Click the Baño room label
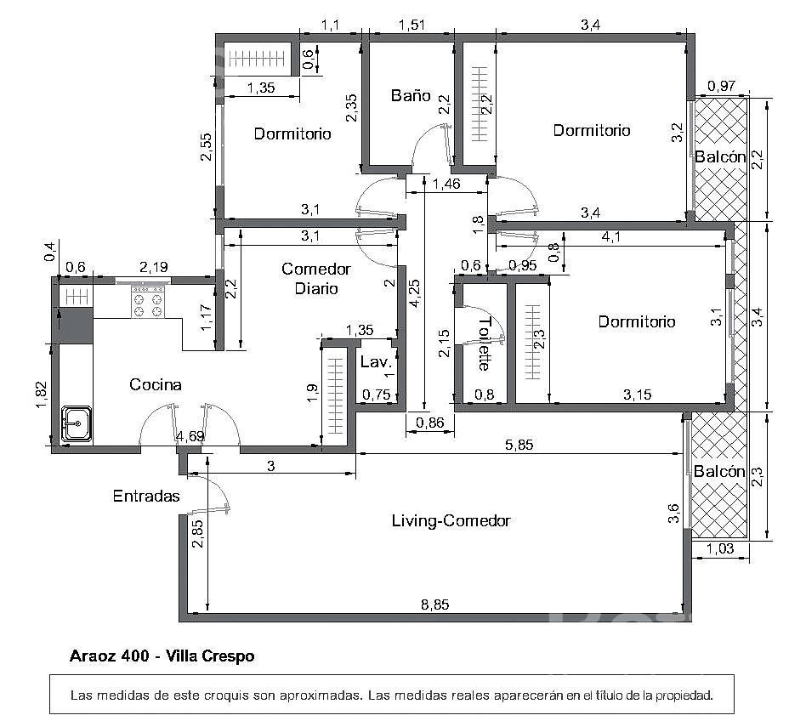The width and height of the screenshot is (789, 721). (x=411, y=95)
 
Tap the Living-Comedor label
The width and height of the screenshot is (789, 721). (x=451, y=520)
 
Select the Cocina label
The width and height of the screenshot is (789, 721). (x=156, y=384)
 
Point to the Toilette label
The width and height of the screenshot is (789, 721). (x=484, y=343)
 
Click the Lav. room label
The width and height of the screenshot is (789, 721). (x=376, y=361)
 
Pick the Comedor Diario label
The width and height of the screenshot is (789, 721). (x=316, y=278)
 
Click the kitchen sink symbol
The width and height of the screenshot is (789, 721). (x=77, y=424)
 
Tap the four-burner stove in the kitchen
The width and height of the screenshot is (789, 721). (x=148, y=301)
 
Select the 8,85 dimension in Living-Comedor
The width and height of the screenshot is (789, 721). (x=434, y=605)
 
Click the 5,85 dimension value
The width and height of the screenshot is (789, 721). (x=519, y=445)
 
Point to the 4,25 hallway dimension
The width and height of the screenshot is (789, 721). (x=416, y=293)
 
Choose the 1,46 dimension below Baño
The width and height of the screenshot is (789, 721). (x=446, y=184)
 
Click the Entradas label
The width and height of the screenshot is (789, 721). (x=146, y=496)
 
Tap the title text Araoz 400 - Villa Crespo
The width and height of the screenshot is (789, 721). (x=162, y=656)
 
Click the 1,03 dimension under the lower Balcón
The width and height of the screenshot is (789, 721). (x=720, y=548)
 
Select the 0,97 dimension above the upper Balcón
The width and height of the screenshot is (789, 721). (x=722, y=86)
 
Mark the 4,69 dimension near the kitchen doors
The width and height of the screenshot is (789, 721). (x=190, y=436)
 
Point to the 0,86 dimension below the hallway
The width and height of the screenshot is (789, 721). (x=430, y=423)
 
